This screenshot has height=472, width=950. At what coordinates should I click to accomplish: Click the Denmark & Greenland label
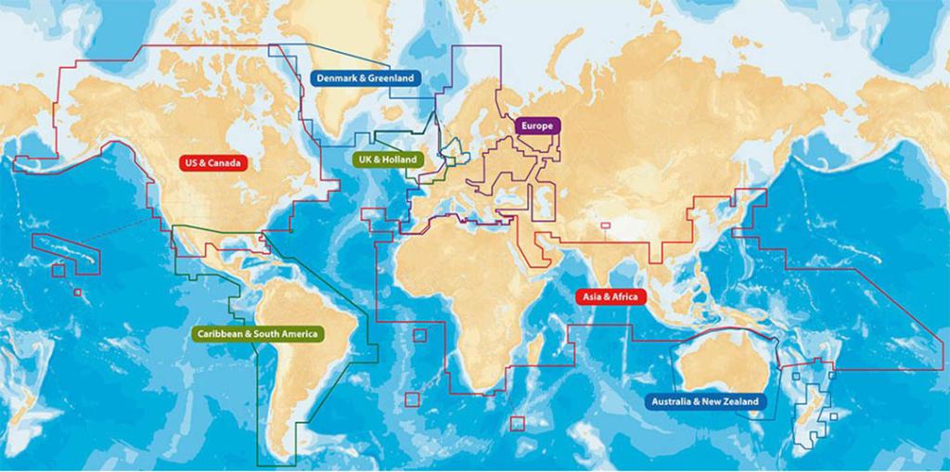pos(366,79)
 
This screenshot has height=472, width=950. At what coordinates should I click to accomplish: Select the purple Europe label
pos(537,125)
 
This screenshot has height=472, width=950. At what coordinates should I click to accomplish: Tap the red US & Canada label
pos(213,163)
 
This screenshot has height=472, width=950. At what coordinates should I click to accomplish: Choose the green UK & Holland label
pos(387,159)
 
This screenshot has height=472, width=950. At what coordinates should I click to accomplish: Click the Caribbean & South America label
pos(258,333)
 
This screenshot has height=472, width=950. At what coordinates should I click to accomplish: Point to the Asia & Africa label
pos(610,297)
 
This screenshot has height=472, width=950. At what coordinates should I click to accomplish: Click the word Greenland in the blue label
pos(391,79)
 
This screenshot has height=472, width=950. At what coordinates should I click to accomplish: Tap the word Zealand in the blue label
pos(739,402)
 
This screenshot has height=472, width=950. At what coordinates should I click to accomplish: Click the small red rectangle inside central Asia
pos(606,224)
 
